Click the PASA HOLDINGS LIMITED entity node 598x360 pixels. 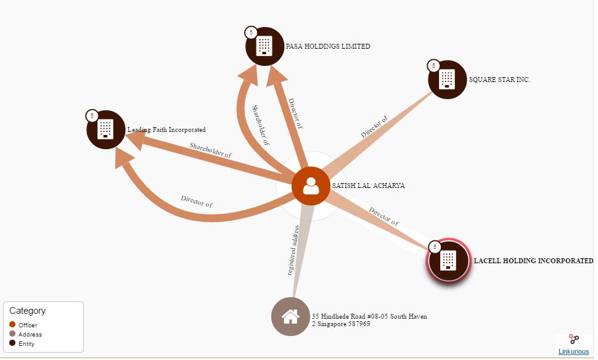pyautogui.click(x=265, y=46)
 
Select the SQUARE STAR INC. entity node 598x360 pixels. pyautogui.click(x=448, y=80)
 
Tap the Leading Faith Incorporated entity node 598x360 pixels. pyautogui.click(x=106, y=129)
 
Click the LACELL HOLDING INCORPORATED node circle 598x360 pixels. pyautogui.click(x=449, y=261)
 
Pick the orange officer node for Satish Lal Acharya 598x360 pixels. pyautogui.click(x=311, y=186)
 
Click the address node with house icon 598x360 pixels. pyautogui.click(x=290, y=316)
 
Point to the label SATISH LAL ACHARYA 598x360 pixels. pyautogui.click(x=369, y=186)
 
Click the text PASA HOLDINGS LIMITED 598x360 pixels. pyautogui.click(x=328, y=46)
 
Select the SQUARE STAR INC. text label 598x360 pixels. pyautogui.click(x=499, y=80)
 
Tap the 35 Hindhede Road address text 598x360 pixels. pyautogui.click(x=369, y=320)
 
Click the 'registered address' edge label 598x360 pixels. pyautogui.click(x=293, y=250)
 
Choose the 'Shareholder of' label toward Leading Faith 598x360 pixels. pyautogui.click(x=211, y=150)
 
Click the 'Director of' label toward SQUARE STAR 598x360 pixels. pyautogui.click(x=374, y=126)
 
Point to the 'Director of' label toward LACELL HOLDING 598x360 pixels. pyautogui.click(x=384, y=216)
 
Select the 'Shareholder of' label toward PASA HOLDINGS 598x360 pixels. pyautogui.click(x=261, y=126)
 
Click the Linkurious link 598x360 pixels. pyautogui.click(x=573, y=351)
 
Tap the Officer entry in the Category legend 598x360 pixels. pyautogui.click(x=23, y=325)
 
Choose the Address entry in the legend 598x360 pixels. pyautogui.click(x=25, y=335)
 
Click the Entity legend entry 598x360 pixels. pyautogui.click(x=22, y=343)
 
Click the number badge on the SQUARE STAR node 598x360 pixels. pyautogui.click(x=433, y=66)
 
